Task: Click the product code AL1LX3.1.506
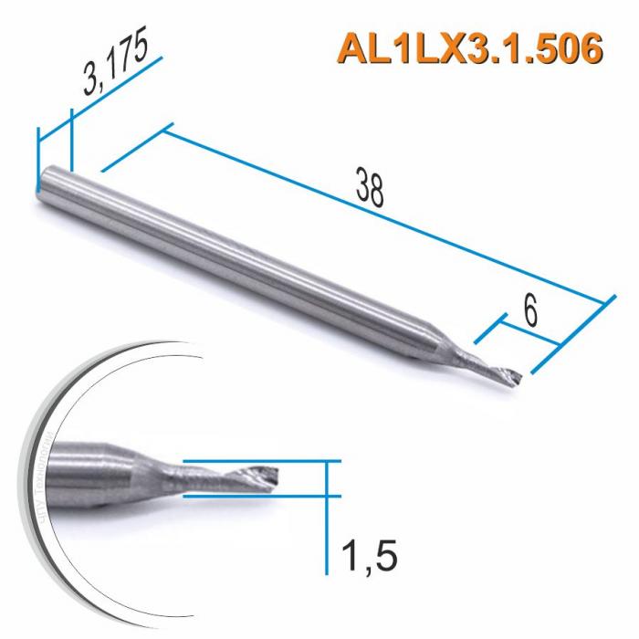[x=470, y=47]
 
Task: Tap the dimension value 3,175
[x=115, y=66]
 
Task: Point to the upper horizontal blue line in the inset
[x=265, y=462]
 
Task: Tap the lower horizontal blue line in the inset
[x=265, y=496]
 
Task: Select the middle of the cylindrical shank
[x=228, y=251]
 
